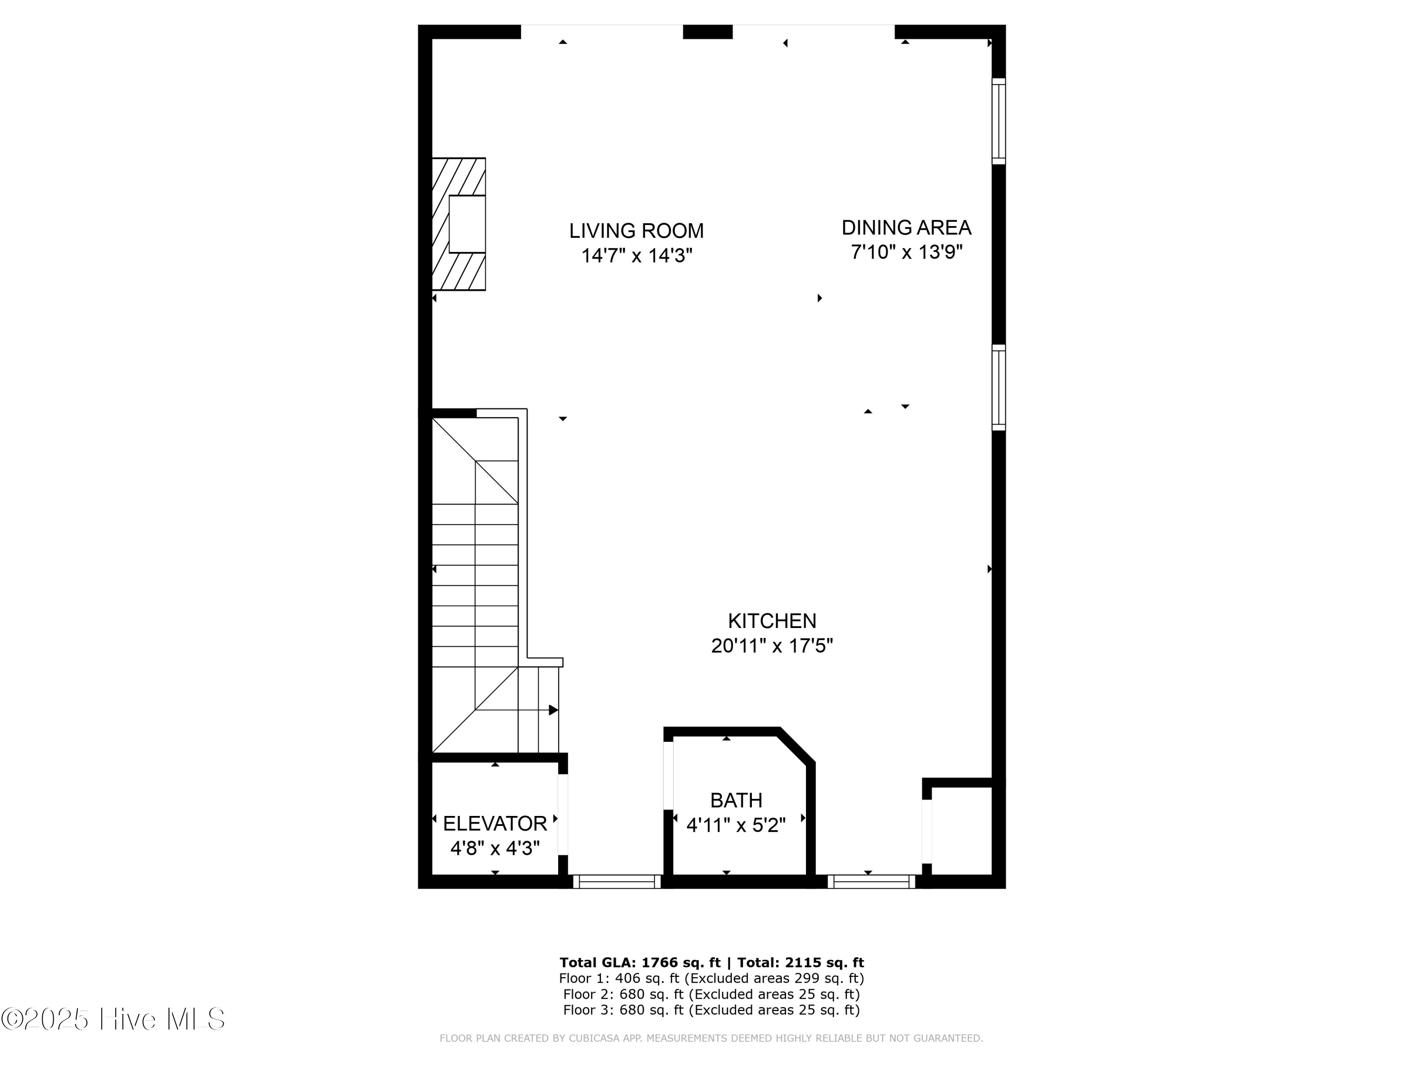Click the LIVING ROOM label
point(636,231)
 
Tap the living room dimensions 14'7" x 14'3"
point(636,255)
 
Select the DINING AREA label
point(906,227)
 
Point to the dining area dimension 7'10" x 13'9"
point(906,252)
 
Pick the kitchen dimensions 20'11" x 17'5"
point(772,646)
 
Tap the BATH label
point(736,800)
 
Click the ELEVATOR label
point(495,824)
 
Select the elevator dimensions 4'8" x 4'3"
point(495,849)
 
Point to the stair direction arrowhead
point(553,710)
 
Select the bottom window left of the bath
point(617,882)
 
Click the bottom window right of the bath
point(871,882)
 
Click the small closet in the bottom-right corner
point(961,831)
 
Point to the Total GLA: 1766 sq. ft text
point(639,963)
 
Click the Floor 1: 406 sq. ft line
point(711,978)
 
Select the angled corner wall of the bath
point(797,747)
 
